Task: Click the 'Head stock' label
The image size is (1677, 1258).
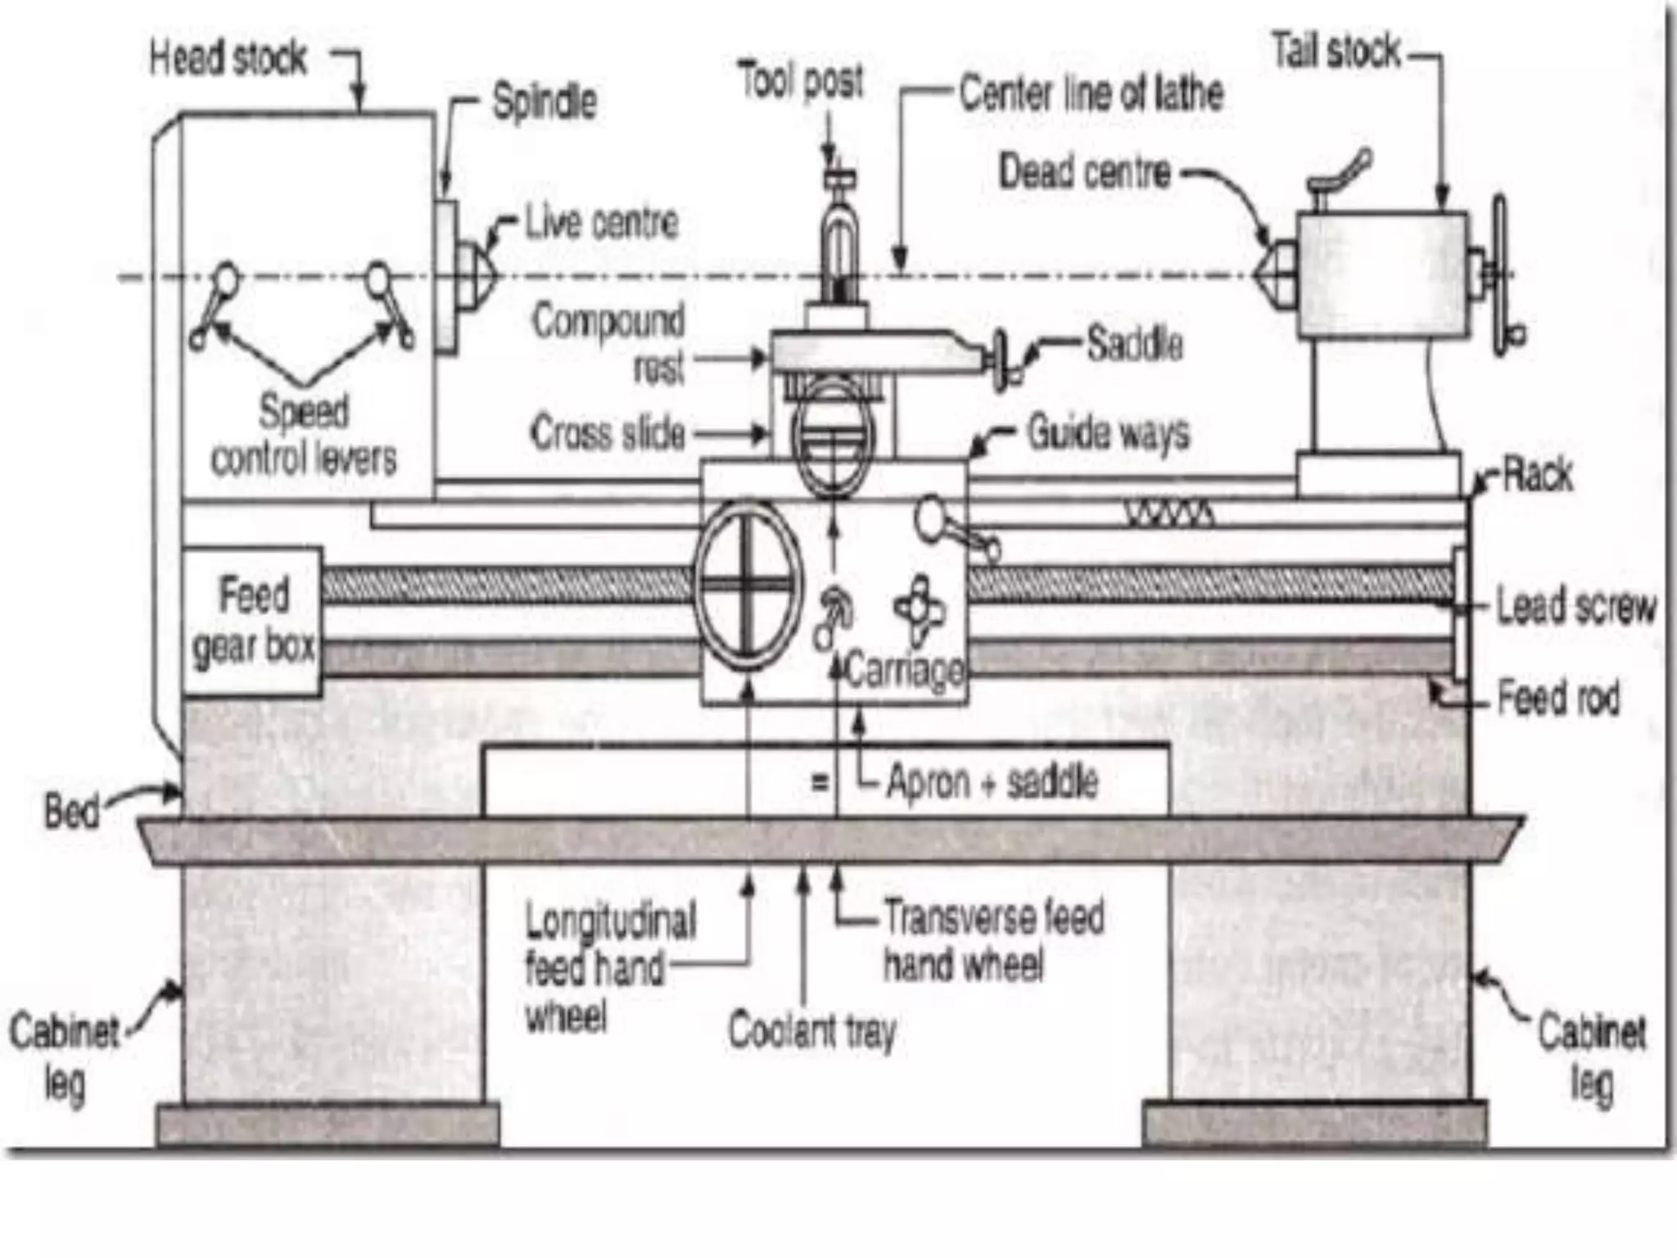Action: tap(228, 59)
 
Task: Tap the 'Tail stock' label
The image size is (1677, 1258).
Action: tap(1336, 52)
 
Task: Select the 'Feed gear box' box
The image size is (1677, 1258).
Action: tap(252, 622)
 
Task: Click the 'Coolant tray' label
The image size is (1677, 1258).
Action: tap(812, 1030)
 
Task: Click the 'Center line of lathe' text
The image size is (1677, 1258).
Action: tap(1091, 93)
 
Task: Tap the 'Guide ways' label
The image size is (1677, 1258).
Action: tap(1108, 432)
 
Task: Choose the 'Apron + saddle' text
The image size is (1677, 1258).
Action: tap(992, 781)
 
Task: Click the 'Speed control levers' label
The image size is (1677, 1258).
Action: tap(304, 435)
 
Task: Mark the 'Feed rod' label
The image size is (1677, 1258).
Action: tap(1557, 699)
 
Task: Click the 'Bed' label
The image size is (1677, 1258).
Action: tap(71, 811)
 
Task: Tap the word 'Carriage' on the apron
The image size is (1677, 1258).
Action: tap(904, 671)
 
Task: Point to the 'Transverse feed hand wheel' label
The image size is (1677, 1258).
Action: tap(993, 940)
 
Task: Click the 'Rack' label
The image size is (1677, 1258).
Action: tap(1538, 474)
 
